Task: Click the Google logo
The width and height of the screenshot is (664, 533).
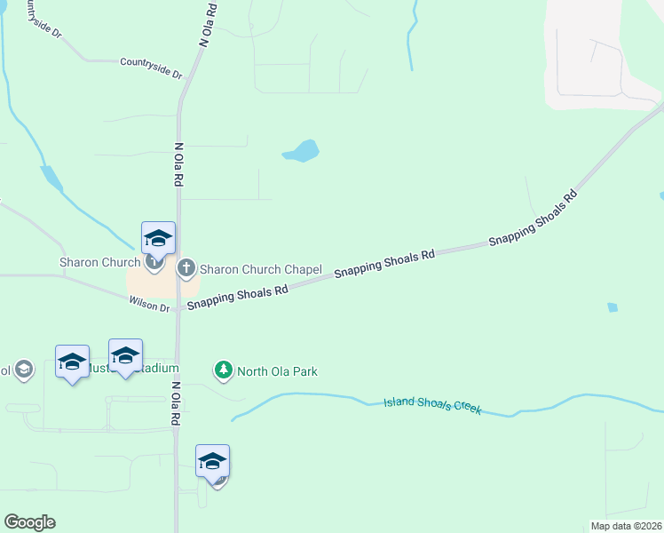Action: coord(29,522)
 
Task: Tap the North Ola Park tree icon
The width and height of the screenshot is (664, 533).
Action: coord(224,370)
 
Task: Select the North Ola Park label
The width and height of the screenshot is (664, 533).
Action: coord(277,371)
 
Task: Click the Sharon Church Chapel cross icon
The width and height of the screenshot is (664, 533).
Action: coord(186,267)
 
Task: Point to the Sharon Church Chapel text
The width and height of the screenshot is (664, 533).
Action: coord(260,269)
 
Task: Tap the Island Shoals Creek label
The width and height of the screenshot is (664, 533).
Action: coord(431,406)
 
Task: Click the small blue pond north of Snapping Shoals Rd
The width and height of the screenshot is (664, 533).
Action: coord(301,151)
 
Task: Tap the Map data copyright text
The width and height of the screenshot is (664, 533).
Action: coord(625,526)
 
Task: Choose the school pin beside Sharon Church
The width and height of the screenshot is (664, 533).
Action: coord(158,238)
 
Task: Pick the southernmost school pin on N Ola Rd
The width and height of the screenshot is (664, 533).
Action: coord(212,460)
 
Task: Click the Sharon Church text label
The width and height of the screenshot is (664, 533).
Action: coord(99,262)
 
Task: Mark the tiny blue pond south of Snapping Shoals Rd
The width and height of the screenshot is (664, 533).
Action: coord(612,307)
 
